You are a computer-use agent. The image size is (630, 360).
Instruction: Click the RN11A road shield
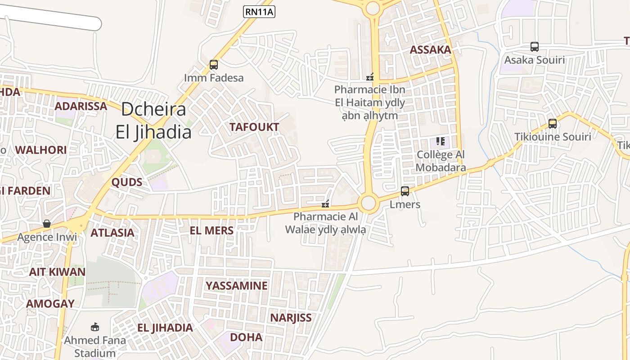pyautogui.click(x=259, y=12)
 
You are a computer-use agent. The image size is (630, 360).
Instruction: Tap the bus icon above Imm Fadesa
pyautogui.click(x=214, y=65)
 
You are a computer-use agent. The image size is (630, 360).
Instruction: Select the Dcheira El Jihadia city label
pyautogui.click(x=153, y=121)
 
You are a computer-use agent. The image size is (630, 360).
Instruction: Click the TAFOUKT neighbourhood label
pyautogui.click(x=254, y=127)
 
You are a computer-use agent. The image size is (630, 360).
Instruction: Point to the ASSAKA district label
pyautogui.click(x=430, y=50)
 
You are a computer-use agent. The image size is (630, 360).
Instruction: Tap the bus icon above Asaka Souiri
pyautogui.click(x=534, y=47)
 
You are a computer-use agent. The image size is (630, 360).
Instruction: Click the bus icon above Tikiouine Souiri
pyautogui.click(x=552, y=123)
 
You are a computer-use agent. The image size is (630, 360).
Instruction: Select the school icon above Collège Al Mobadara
pyautogui.click(x=440, y=142)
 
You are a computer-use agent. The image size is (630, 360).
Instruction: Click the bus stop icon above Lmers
pyautogui.click(x=405, y=191)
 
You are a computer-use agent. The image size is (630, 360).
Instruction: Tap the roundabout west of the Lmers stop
pyautogui.click(x=368, y=203)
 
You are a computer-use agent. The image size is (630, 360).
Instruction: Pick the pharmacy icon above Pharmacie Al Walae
pyautogui.click(x=325, y=204)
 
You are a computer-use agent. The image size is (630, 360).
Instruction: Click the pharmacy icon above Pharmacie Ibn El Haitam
pyautogui.click(x=370, y=77)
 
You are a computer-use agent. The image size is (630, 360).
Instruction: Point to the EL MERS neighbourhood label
pyautogui.click(x=211, y=231)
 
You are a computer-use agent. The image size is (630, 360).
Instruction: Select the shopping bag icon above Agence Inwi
pyautogui.click(x=47, y=224)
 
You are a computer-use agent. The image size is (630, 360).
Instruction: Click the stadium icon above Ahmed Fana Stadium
pyautogui.click(x=94, y=327)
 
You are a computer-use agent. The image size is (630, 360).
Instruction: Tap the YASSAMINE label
pyautogui.click(x=237, y=286)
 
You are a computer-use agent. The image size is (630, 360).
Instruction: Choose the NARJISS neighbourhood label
pyautogui.click(x=291, y=318)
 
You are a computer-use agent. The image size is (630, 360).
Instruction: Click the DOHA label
pyautogui.click(x=246, y=337)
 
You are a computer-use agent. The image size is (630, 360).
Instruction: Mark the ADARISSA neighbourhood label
pyautogui.click(x=81, y=107)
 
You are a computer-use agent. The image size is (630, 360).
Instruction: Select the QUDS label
pyautogui.click(x=127, y=182)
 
